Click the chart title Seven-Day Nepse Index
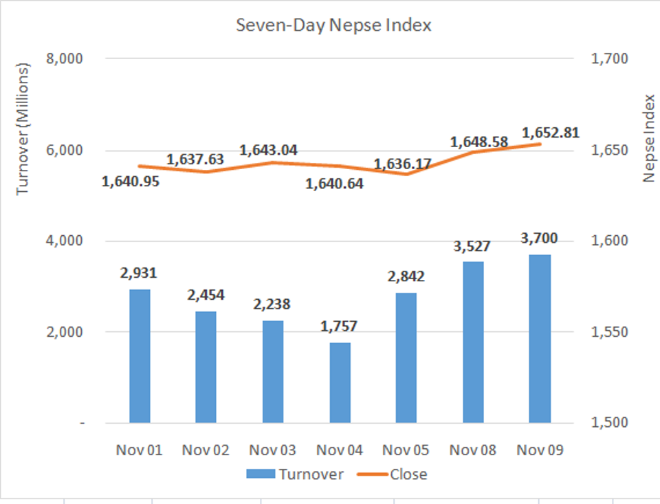[x=333, y=25]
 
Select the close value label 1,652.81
[x=550, y=132]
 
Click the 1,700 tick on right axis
[x=609, y=59]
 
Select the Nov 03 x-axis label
[x=273, y=450]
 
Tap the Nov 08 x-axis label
[x=473, y=450]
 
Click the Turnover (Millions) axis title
[x=23, y=129]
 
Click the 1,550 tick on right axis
[x=609, y=332]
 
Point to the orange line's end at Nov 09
[x=540, y=144]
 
